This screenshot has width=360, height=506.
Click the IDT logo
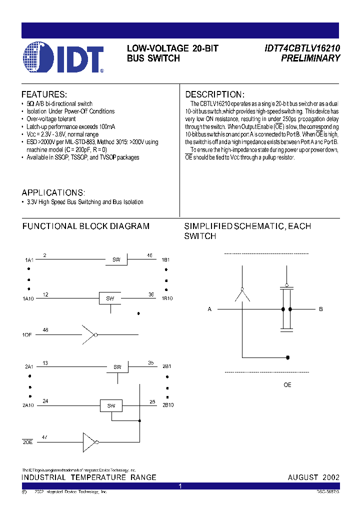click(63, 58)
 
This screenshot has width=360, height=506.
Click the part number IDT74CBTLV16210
click(302, 48)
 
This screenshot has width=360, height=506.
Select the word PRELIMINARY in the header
click(310, 58)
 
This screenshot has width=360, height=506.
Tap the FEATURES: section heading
click(44, 94)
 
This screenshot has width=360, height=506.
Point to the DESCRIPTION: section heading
click(214, 94)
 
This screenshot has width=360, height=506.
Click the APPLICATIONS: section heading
click(53, 192)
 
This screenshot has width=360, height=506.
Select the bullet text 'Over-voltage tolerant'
click(51, 119)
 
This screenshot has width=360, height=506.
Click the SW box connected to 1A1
click(116, 259)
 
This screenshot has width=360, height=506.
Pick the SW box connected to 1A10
click(110, 298)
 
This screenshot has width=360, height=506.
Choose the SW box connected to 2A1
click(117, 367)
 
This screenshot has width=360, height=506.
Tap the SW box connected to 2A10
click(111, 405)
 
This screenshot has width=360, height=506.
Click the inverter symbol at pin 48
click(89, 333)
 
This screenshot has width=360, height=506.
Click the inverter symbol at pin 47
click(90, 442)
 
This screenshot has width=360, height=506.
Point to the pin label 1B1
click(165, 260)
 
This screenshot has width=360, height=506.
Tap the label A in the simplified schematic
click(210, 309)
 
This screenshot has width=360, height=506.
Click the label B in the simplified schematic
click(321, 309)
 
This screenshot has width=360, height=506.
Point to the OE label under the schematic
click(287, 385)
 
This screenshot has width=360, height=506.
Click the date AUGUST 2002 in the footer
click(313, 477)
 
